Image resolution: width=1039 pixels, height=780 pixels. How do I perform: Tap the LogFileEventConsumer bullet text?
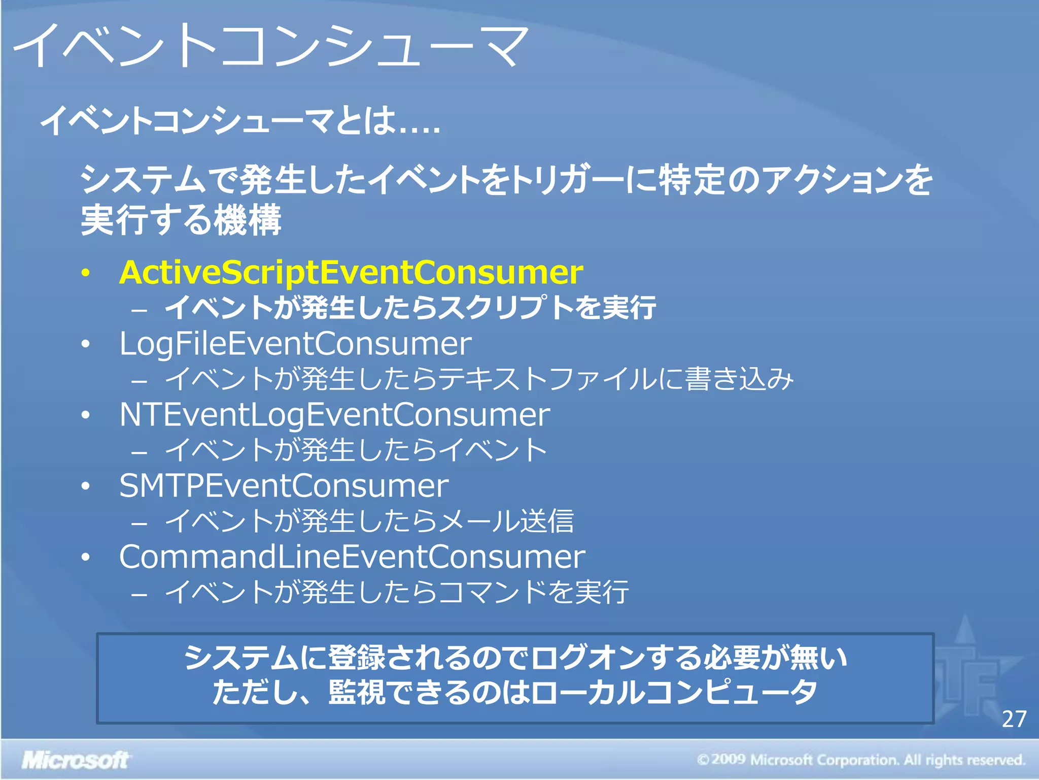click(295, 344)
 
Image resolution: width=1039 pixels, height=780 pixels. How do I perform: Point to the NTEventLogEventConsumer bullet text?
click(334, 415)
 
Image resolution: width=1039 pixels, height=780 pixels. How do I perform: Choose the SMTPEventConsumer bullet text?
click(284, 486)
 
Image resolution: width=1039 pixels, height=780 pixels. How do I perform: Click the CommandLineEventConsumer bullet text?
click(352, 557)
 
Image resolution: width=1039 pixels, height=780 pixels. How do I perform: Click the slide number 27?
click(1014, 719)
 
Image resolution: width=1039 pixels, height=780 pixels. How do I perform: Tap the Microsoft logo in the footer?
click(75, 760)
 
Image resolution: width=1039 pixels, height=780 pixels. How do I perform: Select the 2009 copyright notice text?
click(860, 760)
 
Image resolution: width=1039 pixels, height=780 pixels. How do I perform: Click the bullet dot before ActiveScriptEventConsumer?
click(86, 273)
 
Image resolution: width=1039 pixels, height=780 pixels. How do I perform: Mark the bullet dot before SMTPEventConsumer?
click(86, 486)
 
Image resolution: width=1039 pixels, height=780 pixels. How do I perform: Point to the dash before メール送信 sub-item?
click(139, 523)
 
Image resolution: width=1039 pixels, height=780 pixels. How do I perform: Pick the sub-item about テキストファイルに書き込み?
click(479, 379)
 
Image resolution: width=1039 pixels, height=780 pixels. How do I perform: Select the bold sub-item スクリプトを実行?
click(410, 308)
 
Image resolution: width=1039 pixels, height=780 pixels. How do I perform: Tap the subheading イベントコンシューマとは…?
click(239, 121)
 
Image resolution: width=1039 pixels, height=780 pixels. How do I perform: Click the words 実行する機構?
click(181, 219)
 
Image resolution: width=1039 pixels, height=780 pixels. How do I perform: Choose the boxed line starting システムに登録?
click(515, 658)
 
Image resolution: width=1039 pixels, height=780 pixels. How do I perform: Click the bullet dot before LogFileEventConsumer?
click(86, 344)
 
